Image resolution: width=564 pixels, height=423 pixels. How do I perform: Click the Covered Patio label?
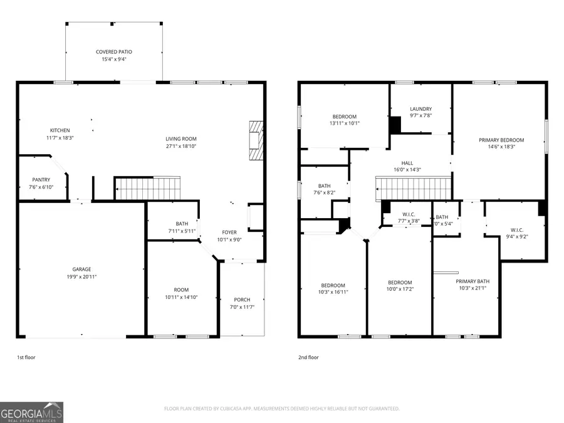click(113, 52)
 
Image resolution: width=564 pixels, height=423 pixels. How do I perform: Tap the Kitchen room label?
click(60, 130)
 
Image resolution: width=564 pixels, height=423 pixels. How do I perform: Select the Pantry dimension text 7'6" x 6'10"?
click(41, 187)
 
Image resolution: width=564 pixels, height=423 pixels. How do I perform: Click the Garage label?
click(81, 269)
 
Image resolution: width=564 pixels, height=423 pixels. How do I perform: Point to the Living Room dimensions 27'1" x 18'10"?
click(181, 146)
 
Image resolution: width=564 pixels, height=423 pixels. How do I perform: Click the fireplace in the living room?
click(255, 142)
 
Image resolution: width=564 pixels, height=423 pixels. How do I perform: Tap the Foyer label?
click(229, 232)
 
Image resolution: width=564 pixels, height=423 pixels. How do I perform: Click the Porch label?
click(242, 300)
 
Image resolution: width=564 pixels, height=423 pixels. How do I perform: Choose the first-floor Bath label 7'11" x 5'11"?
click(182, 224)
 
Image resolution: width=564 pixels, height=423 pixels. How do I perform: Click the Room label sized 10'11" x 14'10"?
click(181, 290)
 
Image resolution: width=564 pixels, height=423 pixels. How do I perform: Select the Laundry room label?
click(420, 108)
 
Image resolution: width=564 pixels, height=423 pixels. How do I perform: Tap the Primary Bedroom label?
click(501, 140)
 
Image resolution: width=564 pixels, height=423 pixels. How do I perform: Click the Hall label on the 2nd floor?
click(407, 162)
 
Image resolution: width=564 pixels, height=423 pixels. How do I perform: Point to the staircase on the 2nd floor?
click(414, 188)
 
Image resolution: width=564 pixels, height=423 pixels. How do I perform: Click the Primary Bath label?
click(473, 281)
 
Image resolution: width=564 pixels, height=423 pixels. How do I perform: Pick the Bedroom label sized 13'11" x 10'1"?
click(345, 117)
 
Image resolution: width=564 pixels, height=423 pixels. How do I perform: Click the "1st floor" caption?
click(27, 357)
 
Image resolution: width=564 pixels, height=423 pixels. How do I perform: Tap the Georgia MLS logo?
click(31, 412)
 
